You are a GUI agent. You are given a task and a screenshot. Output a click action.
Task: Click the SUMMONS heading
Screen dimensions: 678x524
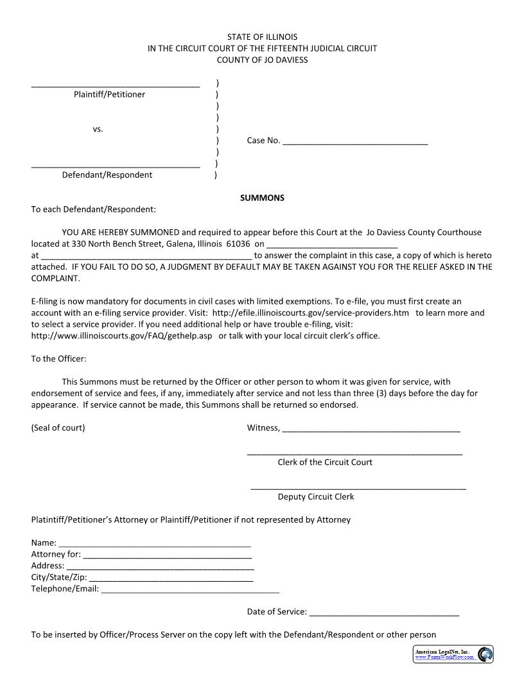pos(262,198)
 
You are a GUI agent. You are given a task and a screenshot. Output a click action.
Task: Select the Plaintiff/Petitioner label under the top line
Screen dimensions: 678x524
pos(109,94)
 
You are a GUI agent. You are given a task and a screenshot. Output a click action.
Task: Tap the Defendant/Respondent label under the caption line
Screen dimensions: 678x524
pos(107,175)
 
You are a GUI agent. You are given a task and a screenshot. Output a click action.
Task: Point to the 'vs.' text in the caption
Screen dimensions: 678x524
pos(98,129)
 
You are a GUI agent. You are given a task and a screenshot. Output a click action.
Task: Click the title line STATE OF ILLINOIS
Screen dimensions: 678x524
pos(262,37)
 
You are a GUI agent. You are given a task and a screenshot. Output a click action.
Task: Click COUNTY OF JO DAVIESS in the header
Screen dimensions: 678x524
pos(262,60)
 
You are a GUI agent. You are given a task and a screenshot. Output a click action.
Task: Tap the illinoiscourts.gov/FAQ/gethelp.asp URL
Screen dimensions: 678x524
pos(121,336)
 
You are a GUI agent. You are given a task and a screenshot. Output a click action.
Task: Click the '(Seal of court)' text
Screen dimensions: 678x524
pos(58,428)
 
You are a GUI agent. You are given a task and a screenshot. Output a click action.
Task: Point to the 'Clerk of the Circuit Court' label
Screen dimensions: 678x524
pos(325,462)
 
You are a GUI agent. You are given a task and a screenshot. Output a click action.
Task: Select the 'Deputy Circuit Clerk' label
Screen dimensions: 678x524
pos(316,496)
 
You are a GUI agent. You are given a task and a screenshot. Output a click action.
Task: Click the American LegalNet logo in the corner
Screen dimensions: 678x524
pos(453,654)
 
